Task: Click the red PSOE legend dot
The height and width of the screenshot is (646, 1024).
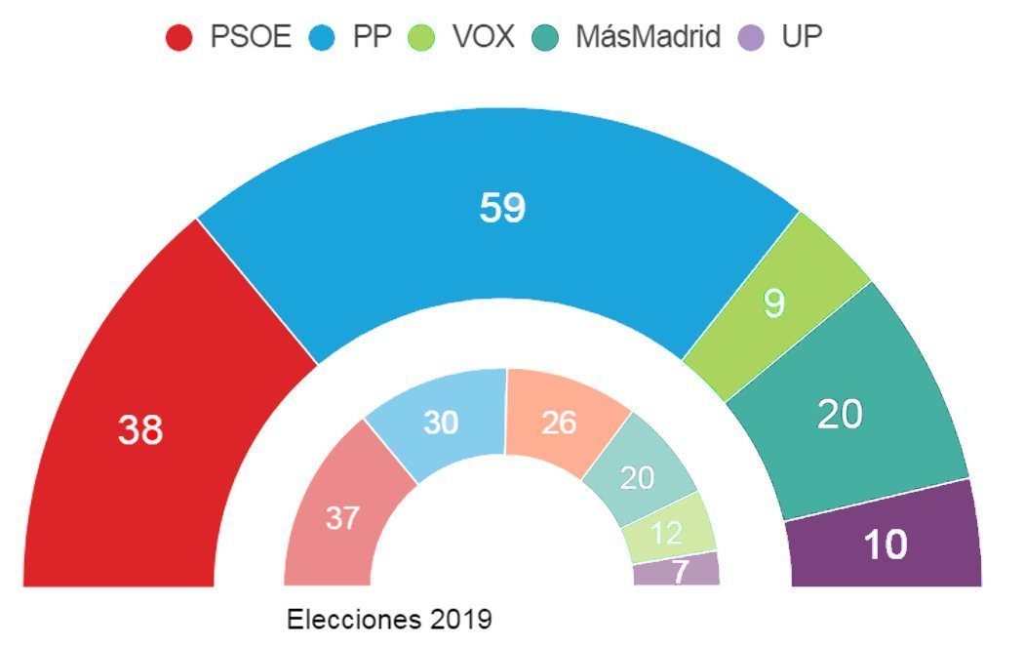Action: (179, 38)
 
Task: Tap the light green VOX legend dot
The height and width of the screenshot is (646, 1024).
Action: (431, 38)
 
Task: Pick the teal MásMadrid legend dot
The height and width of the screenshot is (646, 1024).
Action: (545, 38)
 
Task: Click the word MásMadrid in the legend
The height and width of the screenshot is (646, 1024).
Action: (648, 38)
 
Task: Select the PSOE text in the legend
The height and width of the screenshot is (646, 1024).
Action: (251, 38)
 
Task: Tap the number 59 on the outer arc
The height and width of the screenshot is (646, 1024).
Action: (503, 208)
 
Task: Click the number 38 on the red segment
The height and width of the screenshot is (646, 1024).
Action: (140, 429)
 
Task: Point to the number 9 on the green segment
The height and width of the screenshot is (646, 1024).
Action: (773, 303)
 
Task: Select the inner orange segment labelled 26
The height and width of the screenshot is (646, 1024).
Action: (559, 423)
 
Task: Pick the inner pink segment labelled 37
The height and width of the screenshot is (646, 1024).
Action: (342, 518)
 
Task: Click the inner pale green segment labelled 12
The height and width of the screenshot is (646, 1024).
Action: (667, 533)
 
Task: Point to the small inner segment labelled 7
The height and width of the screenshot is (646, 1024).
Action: (679, 571)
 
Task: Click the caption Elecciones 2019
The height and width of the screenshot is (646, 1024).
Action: (389, 619)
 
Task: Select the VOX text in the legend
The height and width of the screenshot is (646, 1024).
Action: (484, 38)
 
